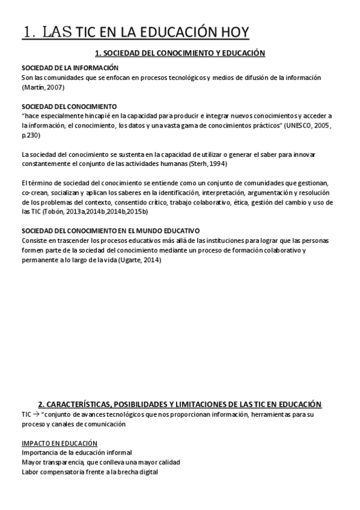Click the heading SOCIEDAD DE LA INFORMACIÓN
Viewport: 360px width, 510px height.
(70, 68)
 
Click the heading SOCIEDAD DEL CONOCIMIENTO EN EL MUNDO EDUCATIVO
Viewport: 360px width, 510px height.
(111, 231)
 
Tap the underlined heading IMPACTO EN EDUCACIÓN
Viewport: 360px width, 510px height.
(59, 443)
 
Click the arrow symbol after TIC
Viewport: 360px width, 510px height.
(36, 415)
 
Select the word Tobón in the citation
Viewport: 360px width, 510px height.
(52, 212)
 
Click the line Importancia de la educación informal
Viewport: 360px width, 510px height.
(76, 452)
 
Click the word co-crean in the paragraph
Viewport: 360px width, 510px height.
(34, 192)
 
